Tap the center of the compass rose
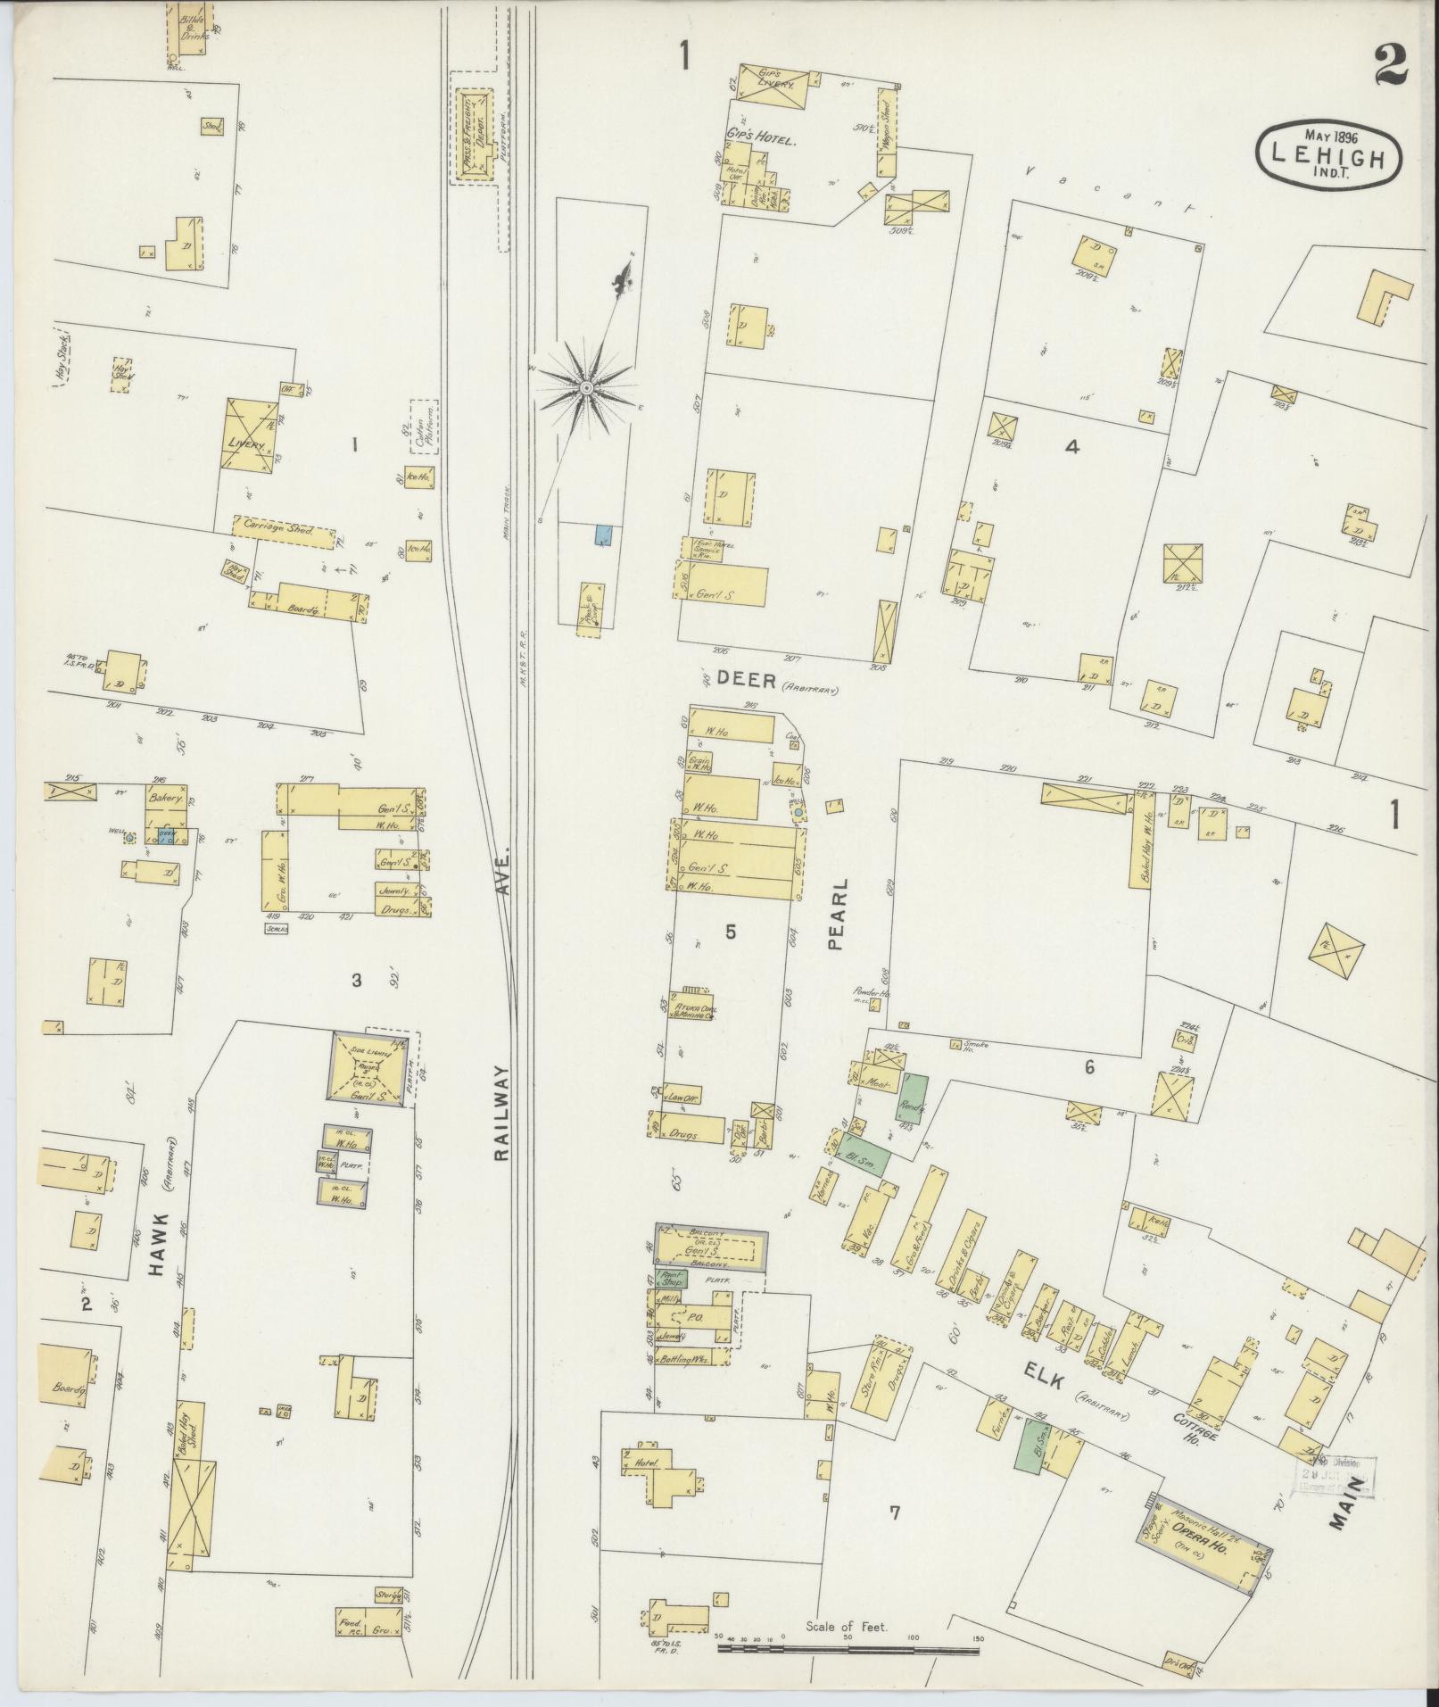(586, 388)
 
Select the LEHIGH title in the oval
(1328, 158)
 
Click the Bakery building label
(166, 800)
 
